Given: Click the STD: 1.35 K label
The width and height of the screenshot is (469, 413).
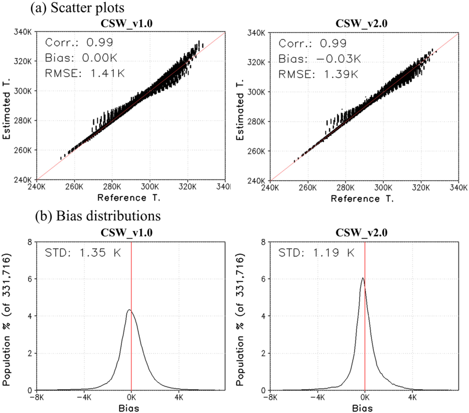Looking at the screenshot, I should [83, 253].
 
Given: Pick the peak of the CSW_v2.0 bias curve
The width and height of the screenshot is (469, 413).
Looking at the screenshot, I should [363, 278].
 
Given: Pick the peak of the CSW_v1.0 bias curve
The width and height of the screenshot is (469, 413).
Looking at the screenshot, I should [129, 310].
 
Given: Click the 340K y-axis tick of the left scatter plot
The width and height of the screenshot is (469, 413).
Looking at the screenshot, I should [24, 33].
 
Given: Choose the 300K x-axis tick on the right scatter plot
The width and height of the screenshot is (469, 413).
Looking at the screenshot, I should [383, 188].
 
